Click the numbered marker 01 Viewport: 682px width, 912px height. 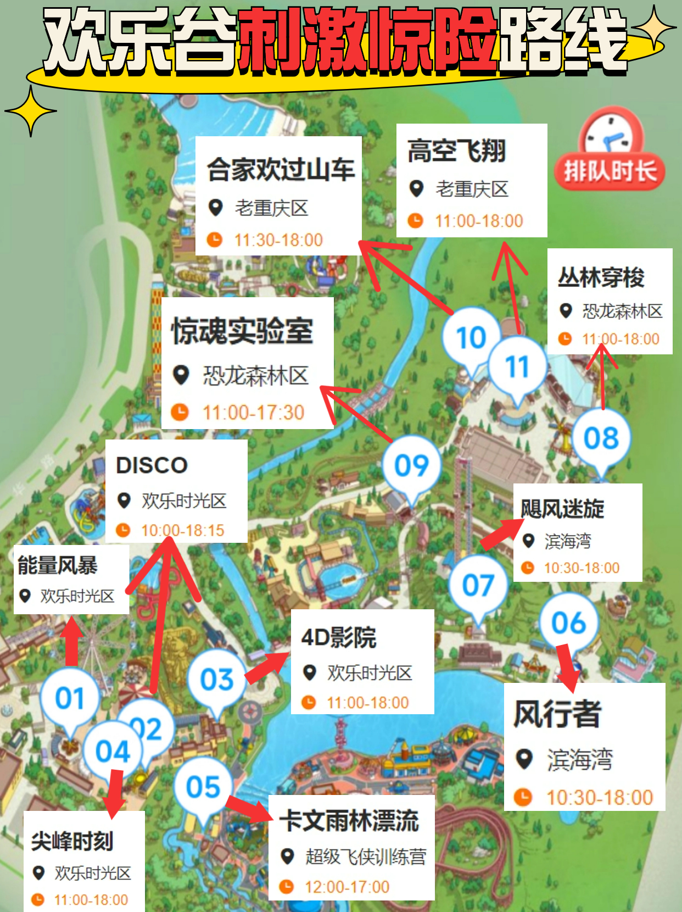pyautogui.click(x=70, y=698)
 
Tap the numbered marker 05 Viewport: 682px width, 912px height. pyautogui.click(x=203, y=787)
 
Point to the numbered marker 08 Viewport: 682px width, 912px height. pyautogui.click(x=601, y=438)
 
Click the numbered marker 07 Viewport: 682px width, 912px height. pyautogui.click(x=478, y=585)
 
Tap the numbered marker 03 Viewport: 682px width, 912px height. pyautogui.click(x=217, y=680)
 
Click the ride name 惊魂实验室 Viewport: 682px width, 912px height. pyautogui.click(x=242, y=331)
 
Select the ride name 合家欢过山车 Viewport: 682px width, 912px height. pyautogui.click(x=281, y=169)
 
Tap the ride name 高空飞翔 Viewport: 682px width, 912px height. pyautogui.click(x=456, y=151)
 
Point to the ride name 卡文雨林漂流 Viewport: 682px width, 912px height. pyautogui.click(x=349, y=821)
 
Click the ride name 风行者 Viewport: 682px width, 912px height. pyautogui.click(x=557, y=714)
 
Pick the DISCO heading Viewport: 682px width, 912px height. pyautogui.click(x=152, y=465)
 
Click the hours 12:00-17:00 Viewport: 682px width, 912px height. pyautogui.click(x=347, y=887)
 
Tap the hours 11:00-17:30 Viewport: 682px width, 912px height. pyautogui.click(x=253, y=412)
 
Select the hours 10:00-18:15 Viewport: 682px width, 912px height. pyautogui.click(x=183, y=530)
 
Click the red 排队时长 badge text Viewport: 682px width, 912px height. pyautogui.click(x=610, y=171)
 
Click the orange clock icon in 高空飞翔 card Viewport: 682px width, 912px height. pyautogui.click(x=416, y=221)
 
